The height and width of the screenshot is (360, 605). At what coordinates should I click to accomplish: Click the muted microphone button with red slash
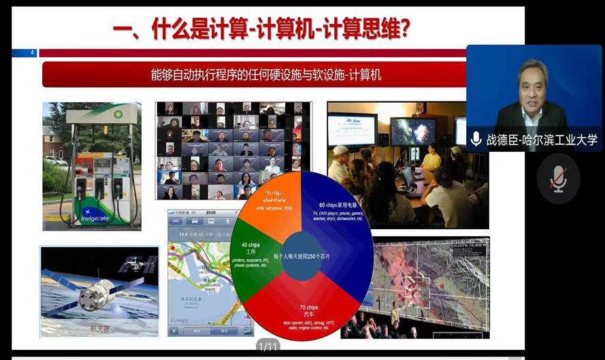click(x=558, y=178)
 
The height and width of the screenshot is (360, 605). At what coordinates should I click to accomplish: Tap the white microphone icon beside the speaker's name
click(x=476, y=140)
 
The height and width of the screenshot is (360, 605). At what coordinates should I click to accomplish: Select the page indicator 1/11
click(x=268, y=347)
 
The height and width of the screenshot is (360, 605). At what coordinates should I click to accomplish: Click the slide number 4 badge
click(x=32, y=53)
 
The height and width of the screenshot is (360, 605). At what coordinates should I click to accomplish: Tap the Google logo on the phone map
click(x=180, y=320)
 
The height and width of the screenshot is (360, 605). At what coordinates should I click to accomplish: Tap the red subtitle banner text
click(x=265, y=75)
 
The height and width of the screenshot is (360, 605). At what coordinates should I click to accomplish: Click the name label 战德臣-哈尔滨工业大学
click(x=542, y=140)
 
